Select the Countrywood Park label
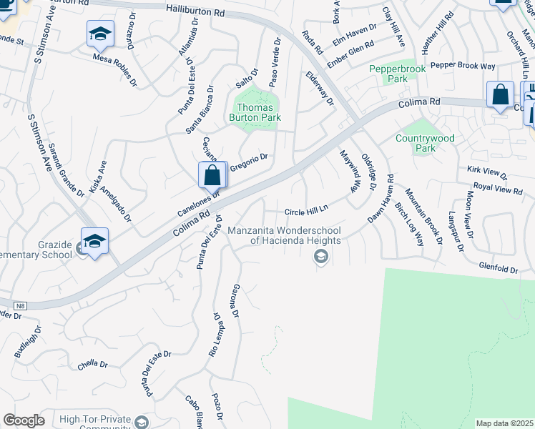(425, 143)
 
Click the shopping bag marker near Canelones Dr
(212, 174)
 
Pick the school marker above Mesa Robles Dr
(100, 34)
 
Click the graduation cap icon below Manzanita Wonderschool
(322, 257)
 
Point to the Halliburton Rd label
(195, 10)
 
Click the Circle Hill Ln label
(306, 211)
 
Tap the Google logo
(24, 420)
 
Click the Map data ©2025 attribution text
(505, 423)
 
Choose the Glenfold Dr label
(499, 268)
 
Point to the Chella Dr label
(93, 364)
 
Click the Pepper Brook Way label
(463, 66)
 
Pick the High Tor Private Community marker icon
(142, 422)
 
